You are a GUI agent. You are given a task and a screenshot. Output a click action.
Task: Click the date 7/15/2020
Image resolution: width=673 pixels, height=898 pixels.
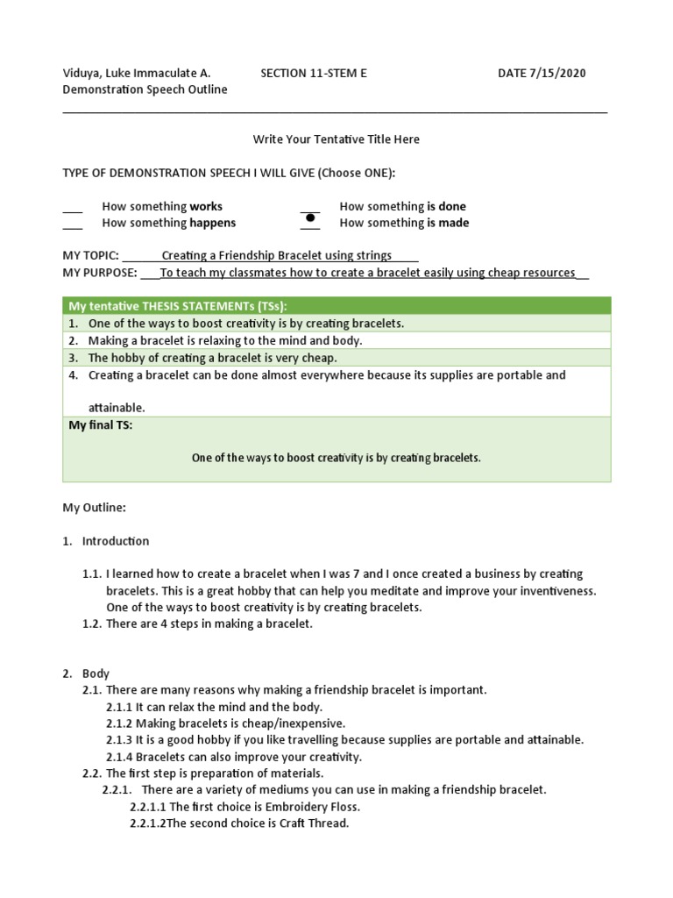pos(558,73)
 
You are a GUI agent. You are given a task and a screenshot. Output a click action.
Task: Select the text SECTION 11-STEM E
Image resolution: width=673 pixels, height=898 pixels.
pos(314,73)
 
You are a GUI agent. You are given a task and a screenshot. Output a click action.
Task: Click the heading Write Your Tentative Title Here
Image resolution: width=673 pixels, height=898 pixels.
pos(336,139)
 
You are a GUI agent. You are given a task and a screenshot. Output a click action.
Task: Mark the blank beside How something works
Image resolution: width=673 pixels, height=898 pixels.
pos(73,209)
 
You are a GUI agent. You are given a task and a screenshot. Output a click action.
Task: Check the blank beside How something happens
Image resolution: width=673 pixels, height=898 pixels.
pos(73,225)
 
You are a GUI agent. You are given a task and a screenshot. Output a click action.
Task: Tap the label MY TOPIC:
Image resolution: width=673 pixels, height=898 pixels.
pos(90,255)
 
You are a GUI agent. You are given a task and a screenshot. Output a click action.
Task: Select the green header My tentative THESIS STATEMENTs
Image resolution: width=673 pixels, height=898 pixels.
pos(178,305)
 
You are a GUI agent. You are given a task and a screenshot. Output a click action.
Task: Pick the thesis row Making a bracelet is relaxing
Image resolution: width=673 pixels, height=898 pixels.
pos(224,339)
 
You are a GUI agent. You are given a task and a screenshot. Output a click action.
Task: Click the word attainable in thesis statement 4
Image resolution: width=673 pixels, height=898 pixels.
pos(117,408)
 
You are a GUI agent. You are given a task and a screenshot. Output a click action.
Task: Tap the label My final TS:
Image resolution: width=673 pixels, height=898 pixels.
pos(101,425)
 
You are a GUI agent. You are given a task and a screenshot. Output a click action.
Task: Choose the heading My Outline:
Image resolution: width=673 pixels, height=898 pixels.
pos(95,507)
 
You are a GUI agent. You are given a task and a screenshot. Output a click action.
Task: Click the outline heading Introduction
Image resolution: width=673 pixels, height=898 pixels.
pos(116,541)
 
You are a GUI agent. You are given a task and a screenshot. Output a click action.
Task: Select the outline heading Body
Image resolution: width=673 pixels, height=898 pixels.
pos(96,673)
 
